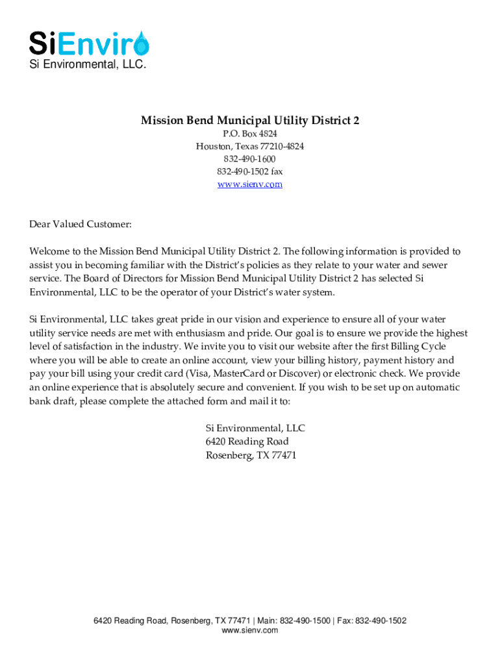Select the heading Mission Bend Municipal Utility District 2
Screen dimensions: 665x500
click(250, 121)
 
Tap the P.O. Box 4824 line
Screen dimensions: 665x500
click(250, 134)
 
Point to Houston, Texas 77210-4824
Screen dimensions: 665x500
click(250, 147)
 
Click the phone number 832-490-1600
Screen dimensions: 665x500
click(250, 159)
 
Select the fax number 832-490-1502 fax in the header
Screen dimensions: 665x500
click(250, 171)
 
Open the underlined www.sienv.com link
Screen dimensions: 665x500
click(250, 184)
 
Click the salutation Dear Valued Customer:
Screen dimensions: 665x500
click(81, 225)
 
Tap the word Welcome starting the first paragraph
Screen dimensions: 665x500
click(49, 251)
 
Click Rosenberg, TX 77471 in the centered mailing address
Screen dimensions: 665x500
click(251, 455)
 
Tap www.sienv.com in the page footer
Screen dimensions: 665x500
click(250, 631)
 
